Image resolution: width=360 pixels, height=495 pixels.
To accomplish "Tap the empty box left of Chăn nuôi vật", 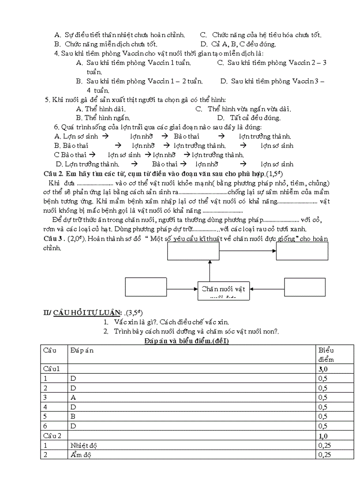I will click(146, 288).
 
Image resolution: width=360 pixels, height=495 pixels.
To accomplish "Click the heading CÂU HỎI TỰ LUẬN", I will click(88, 313).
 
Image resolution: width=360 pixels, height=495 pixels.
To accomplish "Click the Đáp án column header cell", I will click(82, 350).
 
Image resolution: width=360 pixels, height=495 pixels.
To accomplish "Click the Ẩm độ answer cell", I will click(81, 454).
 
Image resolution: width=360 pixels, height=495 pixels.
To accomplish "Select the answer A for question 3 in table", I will click(73, 397).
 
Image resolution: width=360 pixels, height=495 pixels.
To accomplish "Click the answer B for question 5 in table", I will click(73, 416).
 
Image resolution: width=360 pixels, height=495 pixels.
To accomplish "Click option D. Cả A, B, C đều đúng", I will click(238, 44).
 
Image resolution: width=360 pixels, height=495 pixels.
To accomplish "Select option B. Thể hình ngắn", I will click(103, 118).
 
